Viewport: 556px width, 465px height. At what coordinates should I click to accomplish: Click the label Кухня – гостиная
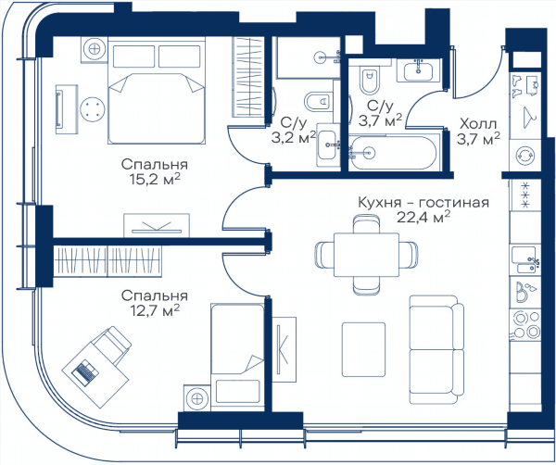tap(423, 203)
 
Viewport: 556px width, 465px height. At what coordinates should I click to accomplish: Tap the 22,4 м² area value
tap(423, 218)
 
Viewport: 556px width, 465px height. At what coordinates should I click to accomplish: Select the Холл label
tap(478, 124)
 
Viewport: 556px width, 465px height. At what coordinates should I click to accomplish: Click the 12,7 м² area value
tap(154, 311)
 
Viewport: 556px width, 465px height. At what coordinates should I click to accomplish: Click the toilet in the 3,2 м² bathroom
tap(318, 103)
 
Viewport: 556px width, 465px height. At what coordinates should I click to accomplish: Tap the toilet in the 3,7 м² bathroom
tap(369, 80)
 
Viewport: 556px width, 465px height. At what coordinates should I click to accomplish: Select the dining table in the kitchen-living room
tap(366, 255)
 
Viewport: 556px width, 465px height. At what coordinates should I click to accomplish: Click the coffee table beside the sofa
tap(364, 349)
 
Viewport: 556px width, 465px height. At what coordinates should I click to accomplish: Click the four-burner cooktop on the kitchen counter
tap(525, 325)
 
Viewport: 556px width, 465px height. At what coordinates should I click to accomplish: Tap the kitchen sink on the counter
tap(525, 260)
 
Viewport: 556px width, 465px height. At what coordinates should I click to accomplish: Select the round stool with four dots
tap(92, 109)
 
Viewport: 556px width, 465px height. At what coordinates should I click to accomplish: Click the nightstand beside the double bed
tap(95, 49)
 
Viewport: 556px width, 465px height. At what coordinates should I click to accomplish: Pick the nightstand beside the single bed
tap(197, 398)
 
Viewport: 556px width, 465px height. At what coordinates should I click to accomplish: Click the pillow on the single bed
tap(237, 391)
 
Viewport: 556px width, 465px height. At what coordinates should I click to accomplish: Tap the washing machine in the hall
tap(525, 156)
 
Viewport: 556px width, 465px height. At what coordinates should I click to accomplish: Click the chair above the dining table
tap(367, 224)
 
